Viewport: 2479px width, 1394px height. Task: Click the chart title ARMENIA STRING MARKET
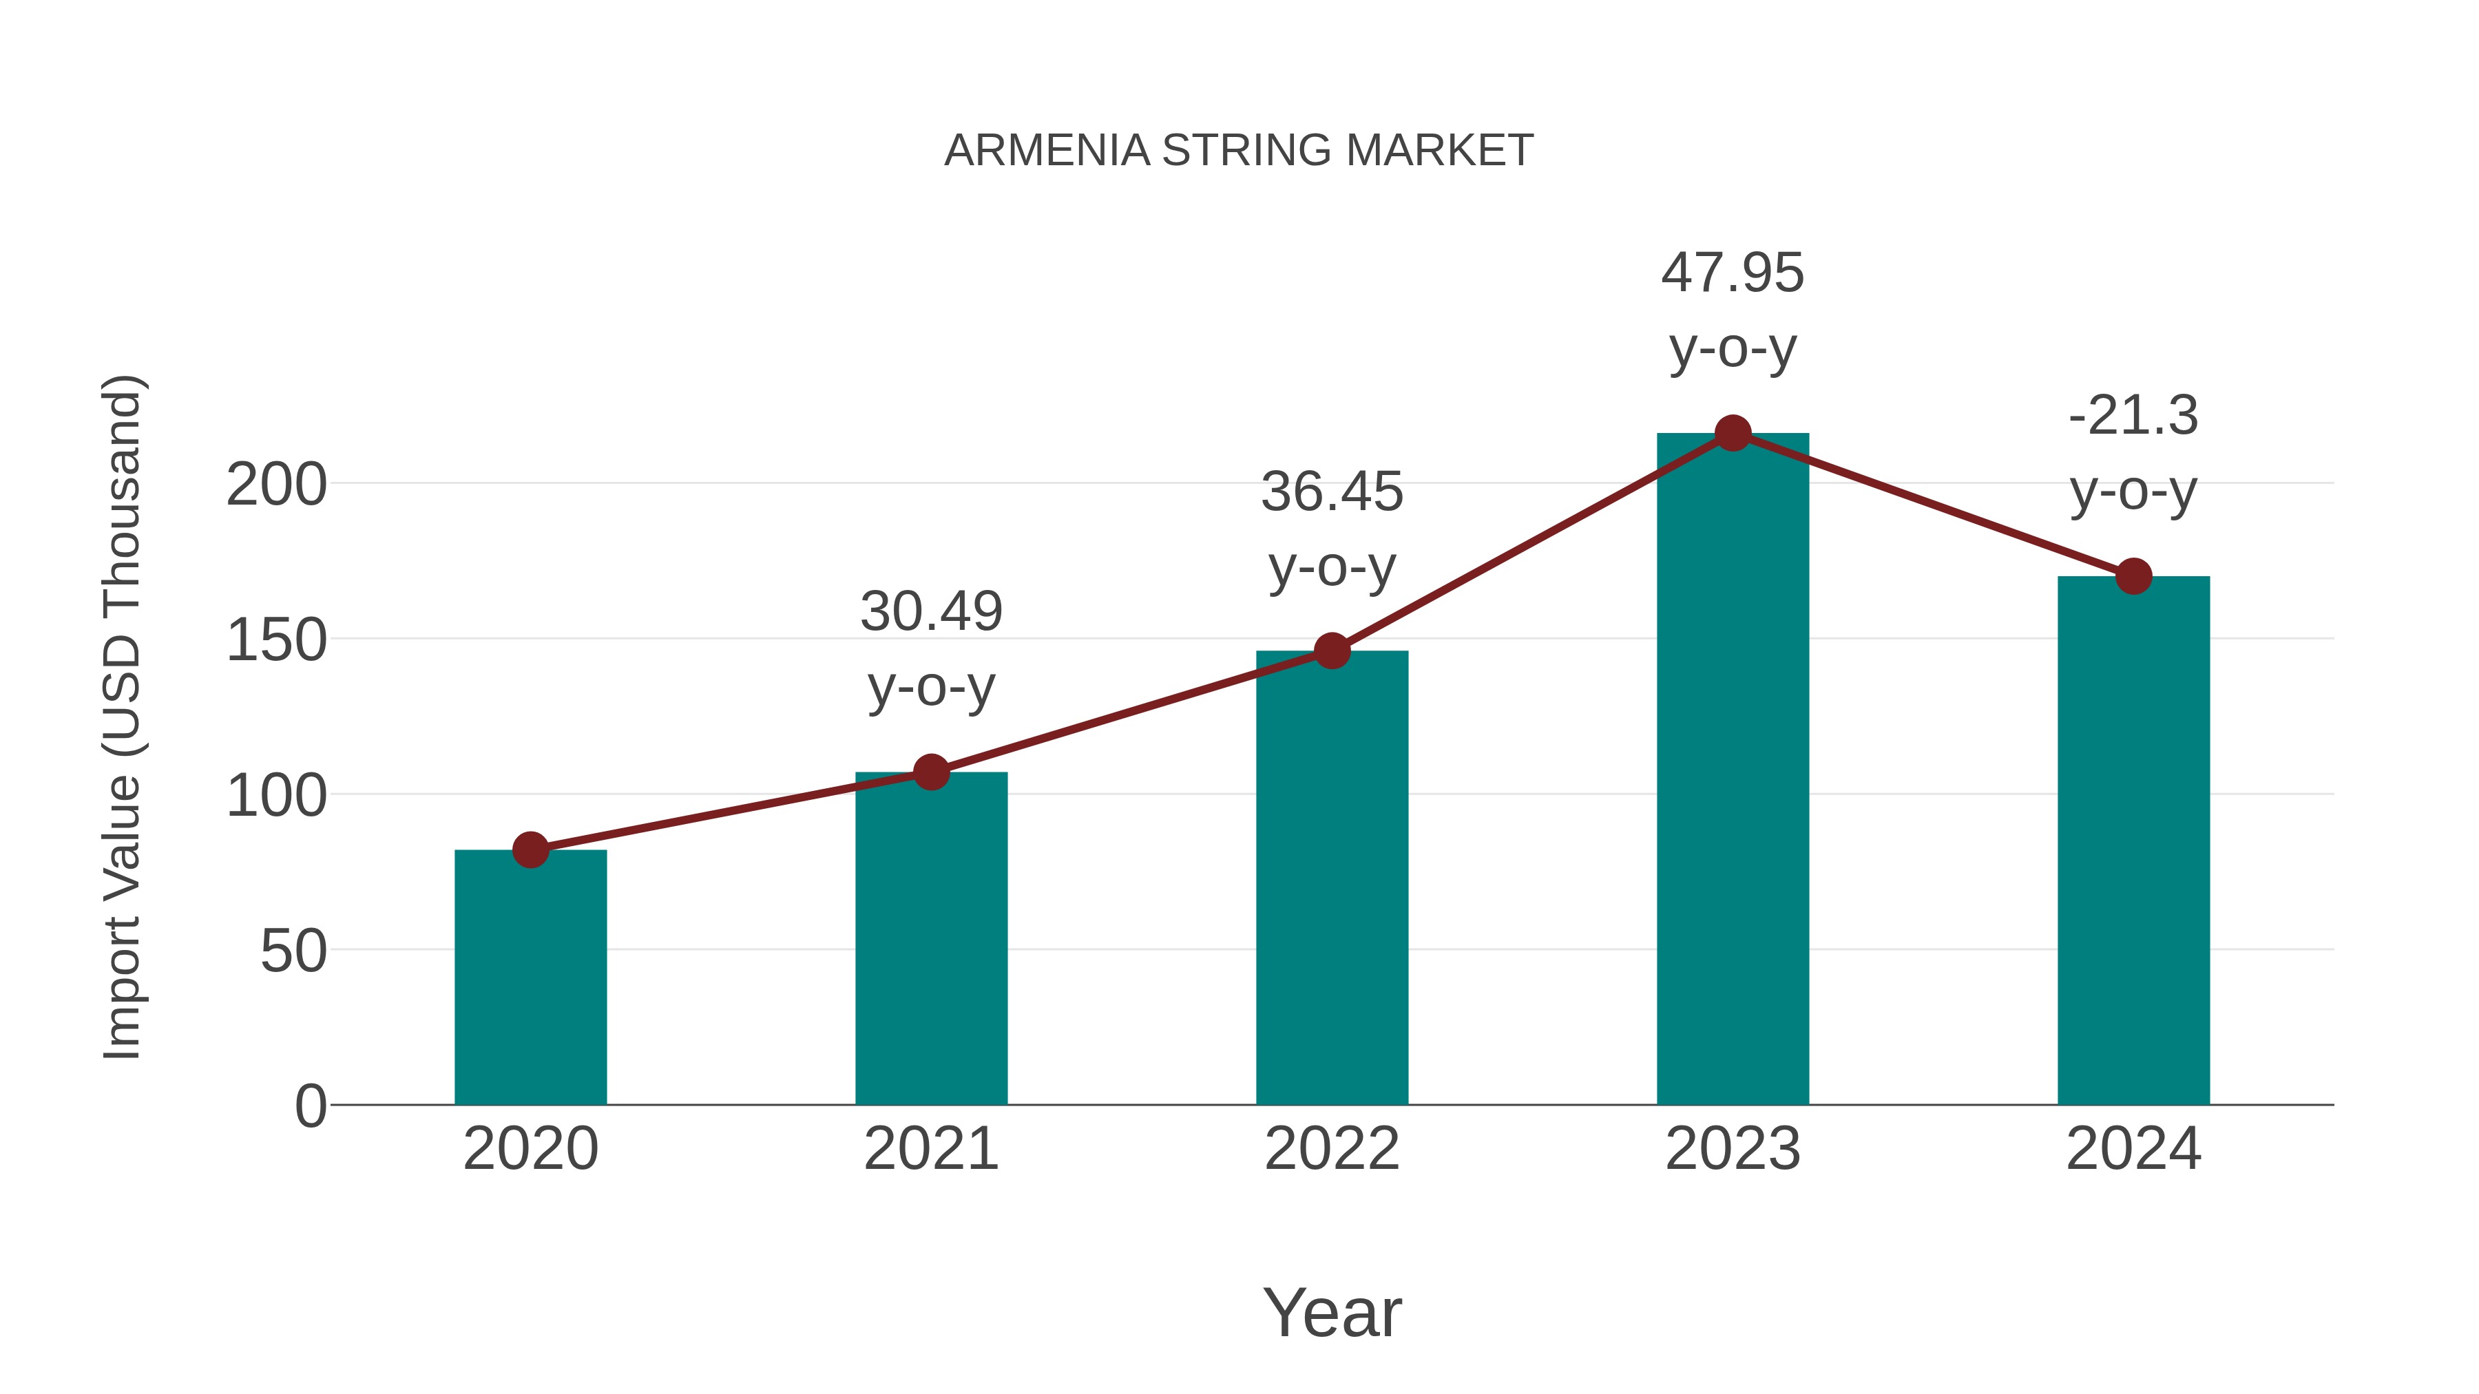coord(1239,151)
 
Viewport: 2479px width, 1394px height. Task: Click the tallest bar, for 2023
coord(1733,769)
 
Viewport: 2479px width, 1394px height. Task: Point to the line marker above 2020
coord(530,849)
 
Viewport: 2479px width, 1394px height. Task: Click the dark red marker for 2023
coord(1733,434)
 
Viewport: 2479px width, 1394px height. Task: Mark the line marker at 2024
coord(2133,576)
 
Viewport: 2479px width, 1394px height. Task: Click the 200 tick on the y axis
coord(276,485)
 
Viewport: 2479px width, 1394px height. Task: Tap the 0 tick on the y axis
coord(311,1106)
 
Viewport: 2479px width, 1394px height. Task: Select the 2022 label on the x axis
coord(1332,1149)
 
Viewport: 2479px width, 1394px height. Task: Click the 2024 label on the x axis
coord(2133,1149)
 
